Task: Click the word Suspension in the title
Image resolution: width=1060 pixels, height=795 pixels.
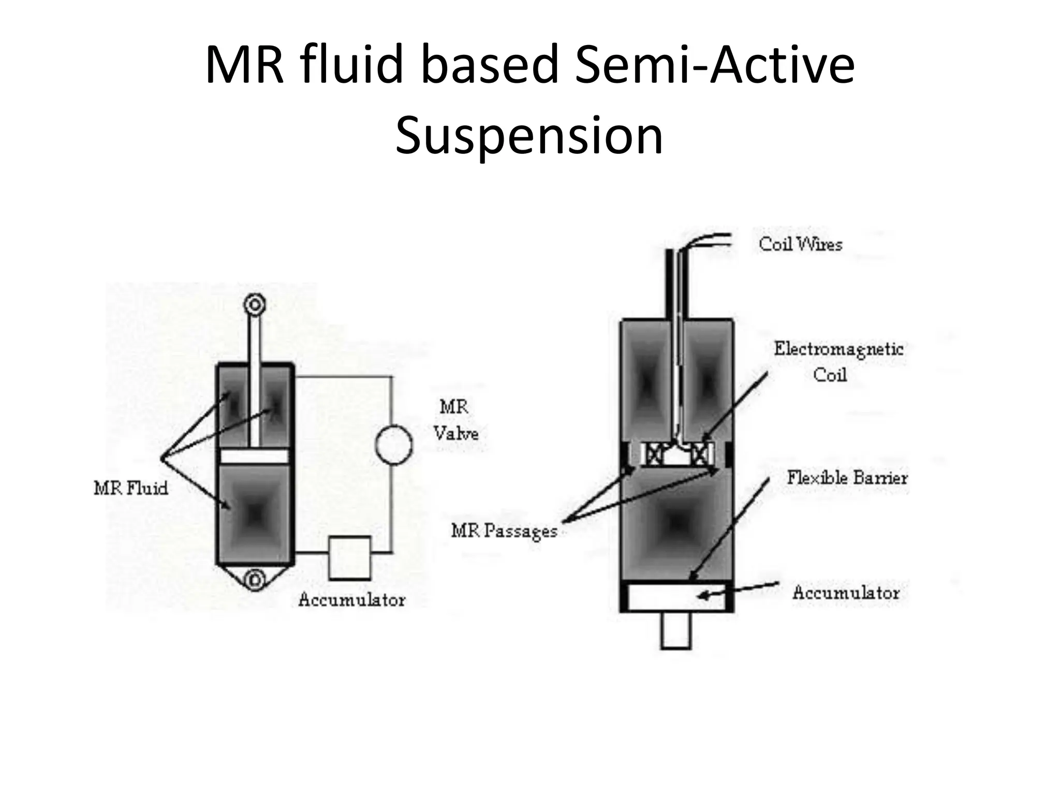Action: coord(529,136)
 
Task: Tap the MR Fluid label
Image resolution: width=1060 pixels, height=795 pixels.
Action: coord(131,488)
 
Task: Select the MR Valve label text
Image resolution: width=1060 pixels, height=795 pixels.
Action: coord(455,420)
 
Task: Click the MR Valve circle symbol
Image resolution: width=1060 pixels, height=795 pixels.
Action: coord(394,444)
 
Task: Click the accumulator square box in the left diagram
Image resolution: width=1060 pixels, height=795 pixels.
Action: coord(349,557)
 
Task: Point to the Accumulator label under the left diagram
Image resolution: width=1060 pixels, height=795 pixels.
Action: coord(351,600)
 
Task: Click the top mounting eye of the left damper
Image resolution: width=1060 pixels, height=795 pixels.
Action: coord(255,304)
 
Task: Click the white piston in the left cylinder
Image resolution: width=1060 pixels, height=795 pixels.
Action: coord(254,456)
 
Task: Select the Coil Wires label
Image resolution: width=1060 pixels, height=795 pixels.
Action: coord(800,244)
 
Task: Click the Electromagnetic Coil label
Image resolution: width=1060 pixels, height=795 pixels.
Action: coord(838,361)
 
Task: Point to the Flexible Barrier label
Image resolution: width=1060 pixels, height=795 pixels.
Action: coord(847,477)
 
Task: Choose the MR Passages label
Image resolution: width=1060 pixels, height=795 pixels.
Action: coord(504,531)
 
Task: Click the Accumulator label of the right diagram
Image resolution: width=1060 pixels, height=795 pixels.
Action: coord(846,593)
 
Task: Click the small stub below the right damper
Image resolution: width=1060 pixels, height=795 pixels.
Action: coord(676,630)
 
